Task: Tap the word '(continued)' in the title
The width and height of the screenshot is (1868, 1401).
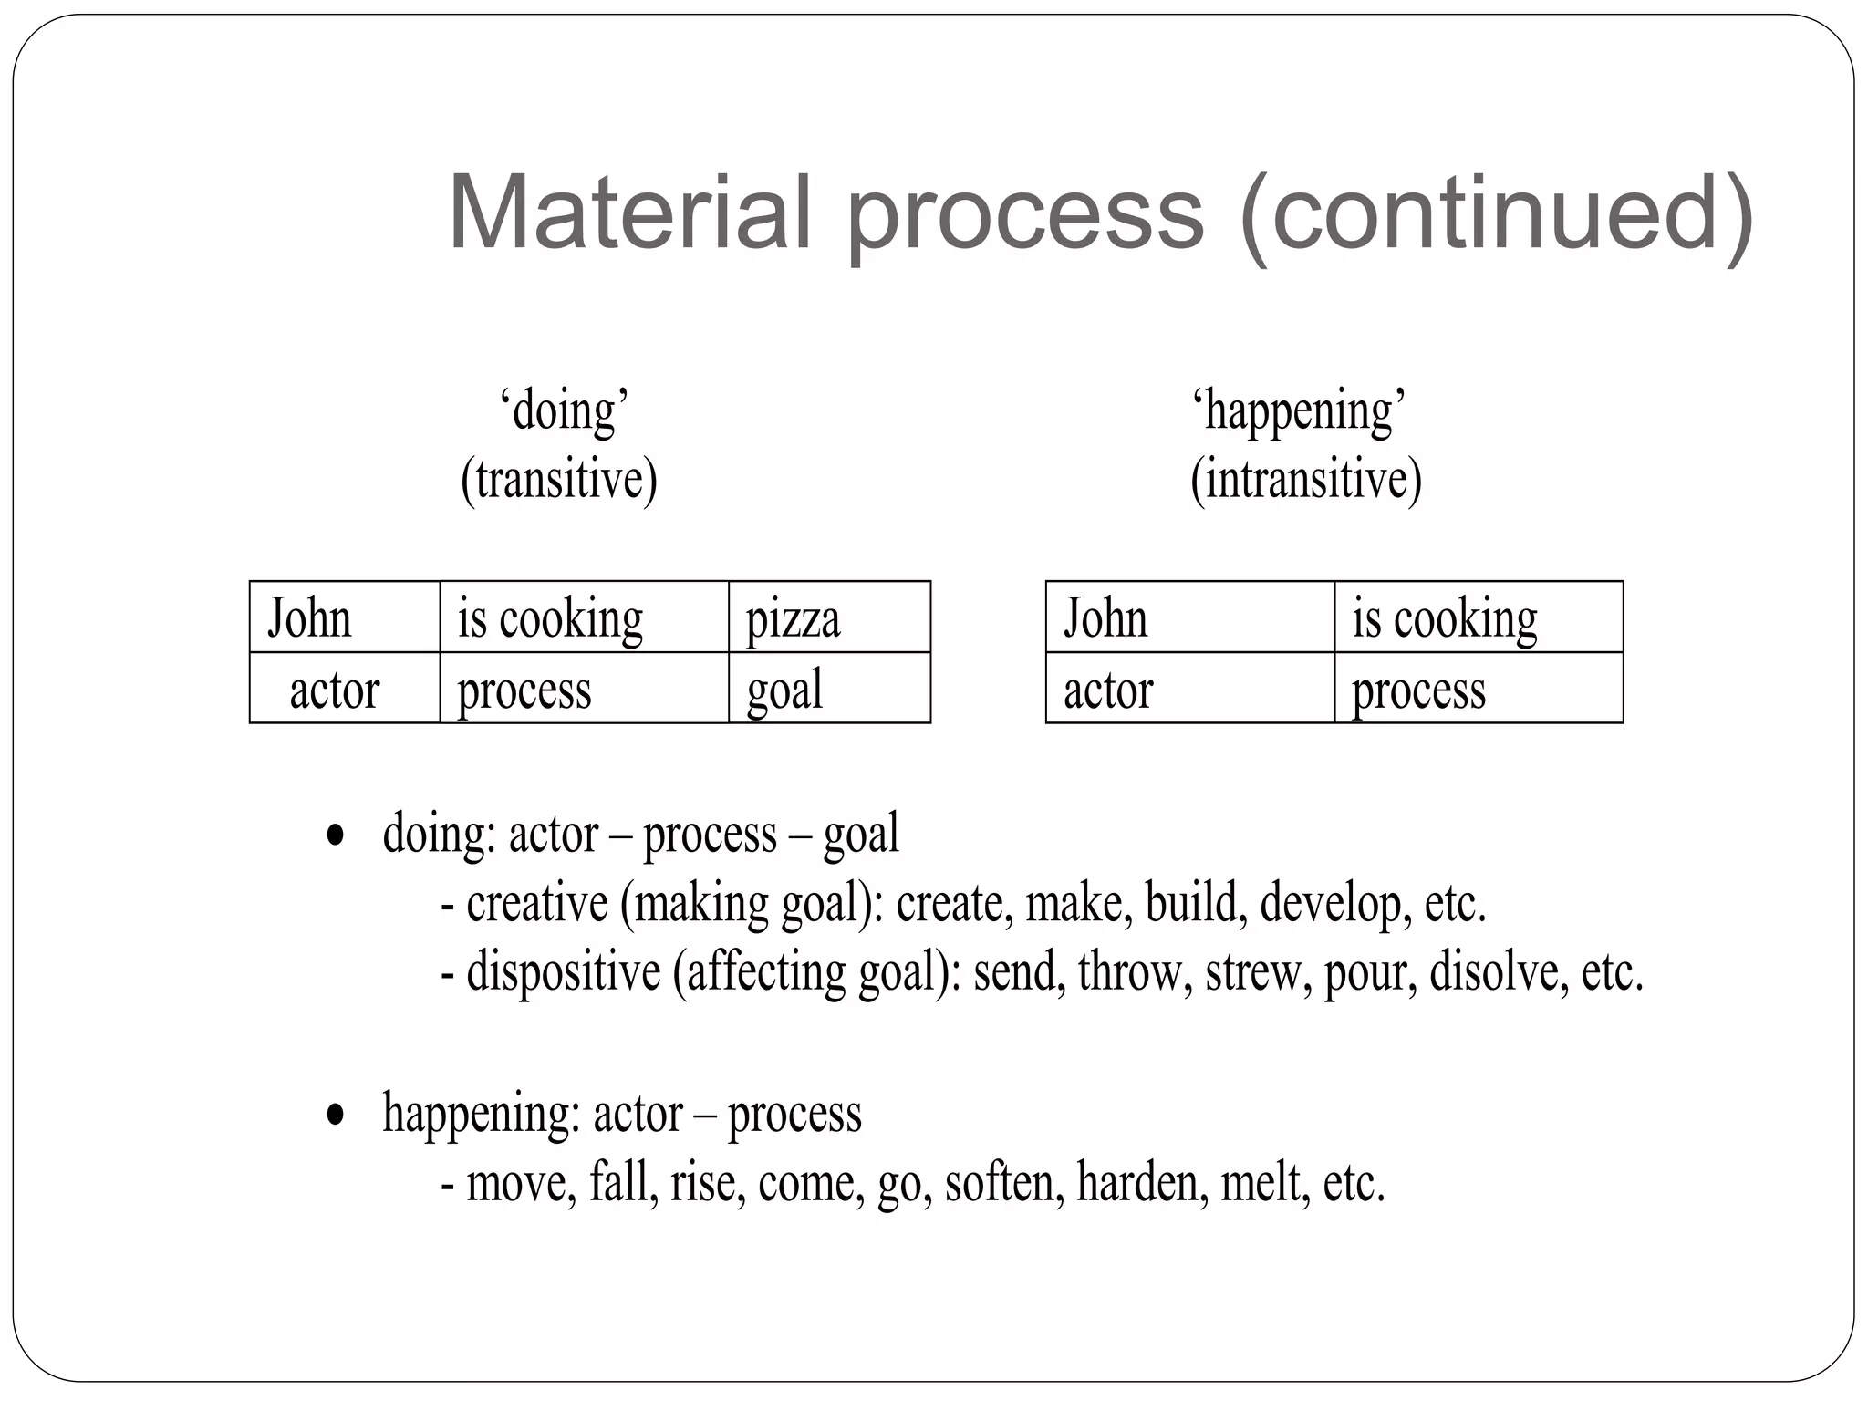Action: pyautogui.click(x=1497, y=215)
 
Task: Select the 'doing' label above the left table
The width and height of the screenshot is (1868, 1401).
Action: pyautogui.click(x=565, y=411)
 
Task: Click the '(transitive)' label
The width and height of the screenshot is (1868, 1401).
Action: pyautogui.click(x=559, y=480)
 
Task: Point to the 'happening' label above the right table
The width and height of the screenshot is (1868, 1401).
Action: pyautogui.click(x=1299, y=411)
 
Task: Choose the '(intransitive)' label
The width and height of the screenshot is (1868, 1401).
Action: pyautogui.click(x=1306, y=480)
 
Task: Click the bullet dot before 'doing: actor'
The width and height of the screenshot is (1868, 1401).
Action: pyautogui.click(x=336, y=835)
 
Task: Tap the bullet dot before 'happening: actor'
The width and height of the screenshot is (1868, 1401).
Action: pyautogui.click(x=336, y=1115)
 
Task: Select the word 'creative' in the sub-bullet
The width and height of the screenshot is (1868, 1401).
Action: pyautogui.click(x=537, y=903)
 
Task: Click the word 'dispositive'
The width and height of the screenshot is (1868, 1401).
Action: pyautogui.click(x=563, y=971)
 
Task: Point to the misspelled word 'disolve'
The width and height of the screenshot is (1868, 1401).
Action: pyautogui.click(x=1493, y=971)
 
